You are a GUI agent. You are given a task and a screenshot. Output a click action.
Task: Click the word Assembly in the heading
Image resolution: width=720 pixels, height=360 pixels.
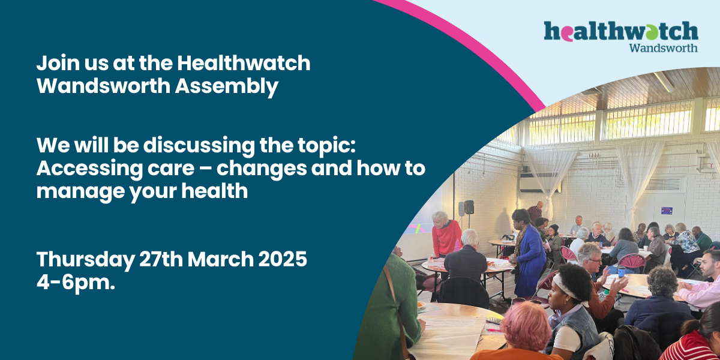(226, 86)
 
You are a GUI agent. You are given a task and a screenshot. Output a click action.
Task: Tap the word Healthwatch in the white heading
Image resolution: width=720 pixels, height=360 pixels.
(244, 63)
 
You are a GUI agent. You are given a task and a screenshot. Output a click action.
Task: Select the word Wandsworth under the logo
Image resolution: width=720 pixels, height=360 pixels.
(664, 48)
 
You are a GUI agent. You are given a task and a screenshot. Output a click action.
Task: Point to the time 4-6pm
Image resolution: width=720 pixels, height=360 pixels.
(76, 283)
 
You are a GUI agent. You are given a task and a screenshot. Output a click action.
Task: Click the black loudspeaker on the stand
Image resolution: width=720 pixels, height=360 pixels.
(469, 208)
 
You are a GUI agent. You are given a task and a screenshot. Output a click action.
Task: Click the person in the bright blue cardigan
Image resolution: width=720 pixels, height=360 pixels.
(527, 254)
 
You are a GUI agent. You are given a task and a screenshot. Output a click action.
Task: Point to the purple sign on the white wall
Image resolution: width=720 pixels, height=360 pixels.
(667, 211)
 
